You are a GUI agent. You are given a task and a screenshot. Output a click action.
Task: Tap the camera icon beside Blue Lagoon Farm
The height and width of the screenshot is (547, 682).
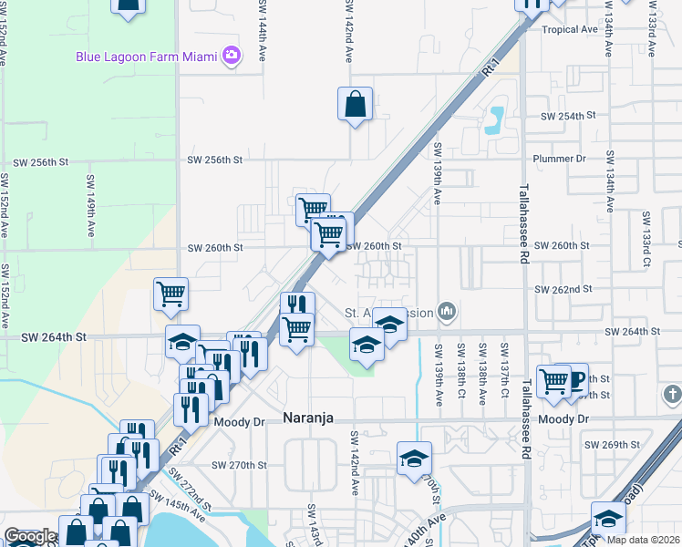pyautogui.click(x=232, y=57)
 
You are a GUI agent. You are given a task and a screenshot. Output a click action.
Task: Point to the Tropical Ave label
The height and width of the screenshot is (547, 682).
pyautogui.click(x=569, y=29)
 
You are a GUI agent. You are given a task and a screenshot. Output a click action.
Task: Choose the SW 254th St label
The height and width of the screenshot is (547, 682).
pyautogui.click(x=567, y=116)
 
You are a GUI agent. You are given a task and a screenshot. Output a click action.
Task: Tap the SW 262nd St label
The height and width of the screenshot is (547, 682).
pyautogui.click(x=563, y=289)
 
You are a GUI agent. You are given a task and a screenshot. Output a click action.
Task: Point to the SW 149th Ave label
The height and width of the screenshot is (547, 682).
pyautogui.click(x=90, y=199)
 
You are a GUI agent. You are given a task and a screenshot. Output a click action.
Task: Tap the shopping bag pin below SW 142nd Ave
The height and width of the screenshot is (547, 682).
pyautogui.click(x=355, y=105)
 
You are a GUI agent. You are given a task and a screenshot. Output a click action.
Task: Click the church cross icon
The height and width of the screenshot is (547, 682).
pyautogui.click(x=672, y=395)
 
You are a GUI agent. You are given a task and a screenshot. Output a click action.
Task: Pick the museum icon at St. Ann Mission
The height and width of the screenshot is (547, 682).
pyautogui.click(x=446, y=313)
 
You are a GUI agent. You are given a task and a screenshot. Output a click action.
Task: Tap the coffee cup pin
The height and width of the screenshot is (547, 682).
pyautogui.click(x=575, y=380)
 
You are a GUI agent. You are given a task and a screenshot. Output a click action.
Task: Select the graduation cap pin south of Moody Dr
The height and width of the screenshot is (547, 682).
pyautogui.click(x=413, y=459)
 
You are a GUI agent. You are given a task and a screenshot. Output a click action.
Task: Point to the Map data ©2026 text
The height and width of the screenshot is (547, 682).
pyautogui.click(x=644, y=540)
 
